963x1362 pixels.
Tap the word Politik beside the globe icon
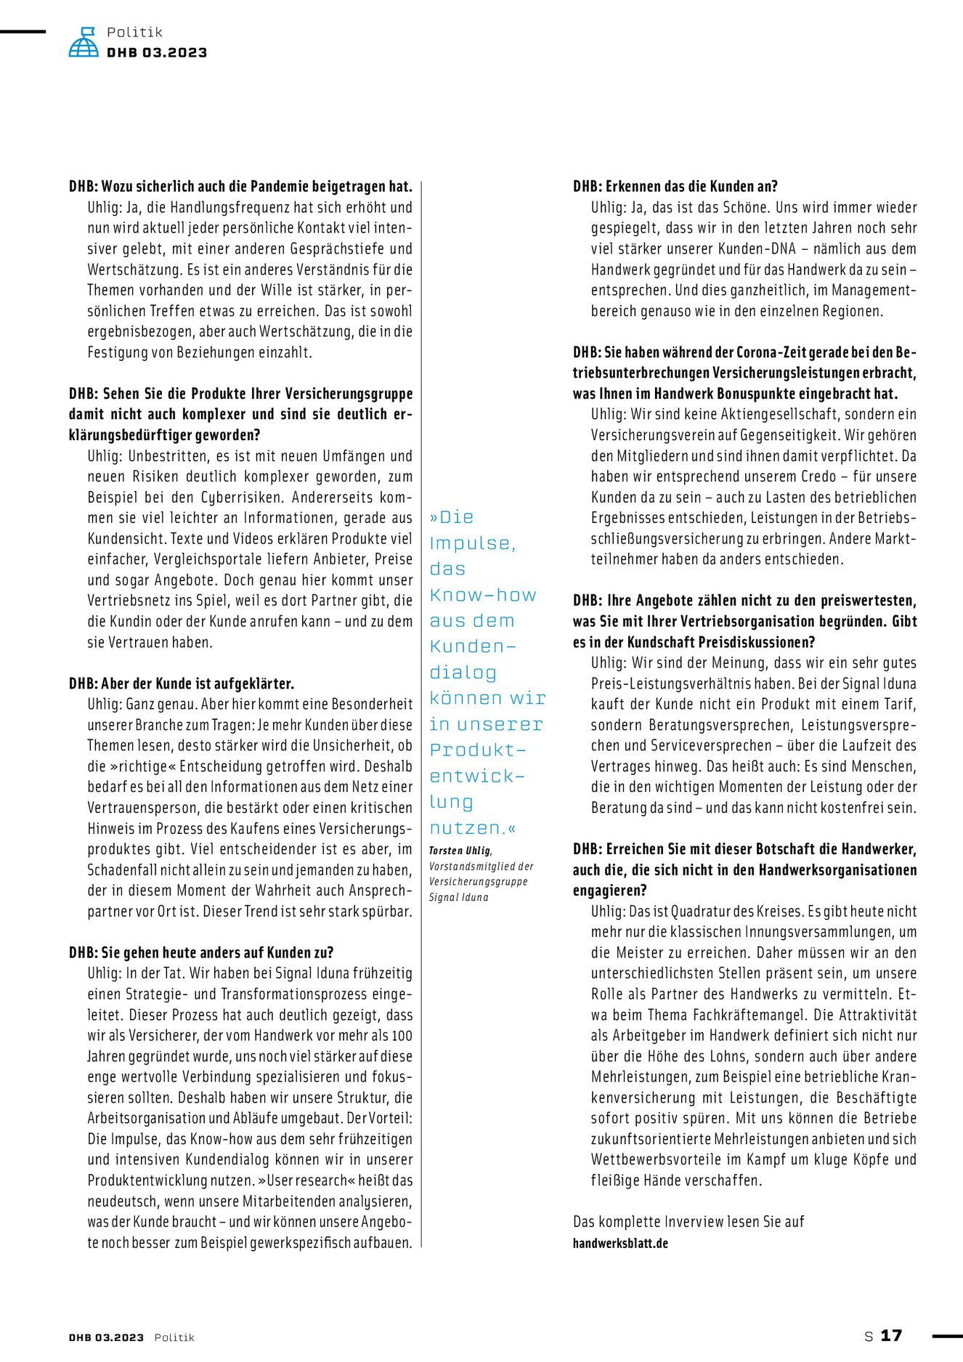click(134, 32)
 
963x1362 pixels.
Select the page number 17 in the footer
click(891, 1335)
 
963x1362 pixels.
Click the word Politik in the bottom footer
click(174, 1337)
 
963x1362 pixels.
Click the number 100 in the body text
click(402, 1036)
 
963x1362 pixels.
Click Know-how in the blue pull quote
click(483, 595)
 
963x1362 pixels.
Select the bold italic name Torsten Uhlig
click(460, 851)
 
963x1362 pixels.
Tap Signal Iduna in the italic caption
click(458, 897)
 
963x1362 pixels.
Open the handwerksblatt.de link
click(620, 1243)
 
